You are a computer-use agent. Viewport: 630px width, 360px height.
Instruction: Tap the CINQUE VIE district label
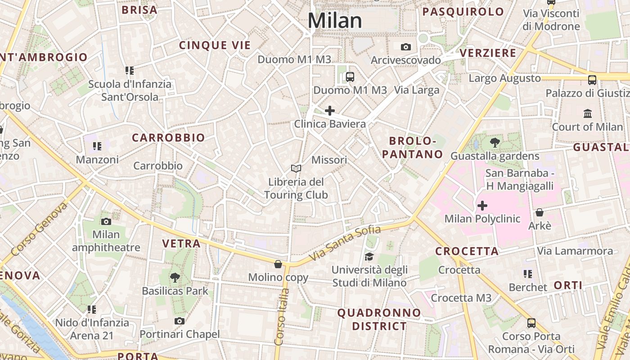(x=215, y=45)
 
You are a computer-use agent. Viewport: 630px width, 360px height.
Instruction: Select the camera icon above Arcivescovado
(x=406, y=47)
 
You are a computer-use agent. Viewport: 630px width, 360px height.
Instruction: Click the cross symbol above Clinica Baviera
(x=330, y=110)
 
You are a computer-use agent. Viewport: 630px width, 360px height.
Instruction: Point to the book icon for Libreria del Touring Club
(x=296, y=168)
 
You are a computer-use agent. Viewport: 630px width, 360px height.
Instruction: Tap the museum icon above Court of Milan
(x=587, y=113)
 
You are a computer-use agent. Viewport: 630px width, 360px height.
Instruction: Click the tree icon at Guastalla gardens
(x=495, y=143)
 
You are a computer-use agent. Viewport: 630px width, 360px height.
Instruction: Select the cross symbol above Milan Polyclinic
(x=482, y=206)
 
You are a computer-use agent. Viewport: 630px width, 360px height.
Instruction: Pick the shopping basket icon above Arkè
(x=540, y=212)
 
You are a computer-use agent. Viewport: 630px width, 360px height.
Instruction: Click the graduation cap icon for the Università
(x=369, y=256)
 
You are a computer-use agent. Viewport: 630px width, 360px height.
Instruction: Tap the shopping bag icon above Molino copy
(x=278, y=264)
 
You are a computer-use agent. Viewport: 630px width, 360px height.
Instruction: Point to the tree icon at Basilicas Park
(x=175, y=278)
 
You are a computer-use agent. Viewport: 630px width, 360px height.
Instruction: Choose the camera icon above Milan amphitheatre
(x=106, y=221)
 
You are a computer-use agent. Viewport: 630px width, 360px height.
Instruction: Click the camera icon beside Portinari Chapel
(x=180, y=321)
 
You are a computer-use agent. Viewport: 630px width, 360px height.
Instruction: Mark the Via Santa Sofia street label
(x=346, y=243)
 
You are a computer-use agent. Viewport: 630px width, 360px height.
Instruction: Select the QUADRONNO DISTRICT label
(x=379, y=319)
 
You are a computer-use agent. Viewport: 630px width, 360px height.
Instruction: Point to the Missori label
(x=329, y=160)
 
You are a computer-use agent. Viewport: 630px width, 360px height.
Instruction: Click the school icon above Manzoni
(x=97, y=146)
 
